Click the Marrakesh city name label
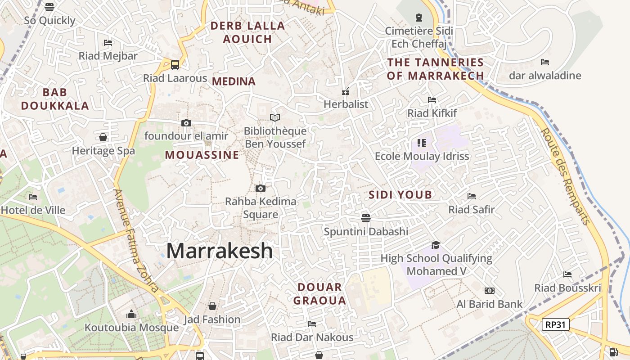click(220, 251)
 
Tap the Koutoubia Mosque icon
click(131, 314)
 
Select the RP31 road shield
click(556, 324)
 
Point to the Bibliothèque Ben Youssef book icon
click(275, 117)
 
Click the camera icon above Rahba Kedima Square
click(260, 188)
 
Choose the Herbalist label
click(346, 104)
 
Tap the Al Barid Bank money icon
click(490, 291)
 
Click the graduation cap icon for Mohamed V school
click(436, 245)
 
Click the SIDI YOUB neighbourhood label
click(400, 195)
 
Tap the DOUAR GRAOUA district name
click(319, 294)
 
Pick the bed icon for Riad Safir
click(472, 196)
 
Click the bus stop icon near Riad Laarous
click(175, 64)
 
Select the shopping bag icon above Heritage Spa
click(103, 137)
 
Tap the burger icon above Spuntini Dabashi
click(366, 218)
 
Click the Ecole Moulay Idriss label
click(422, 156)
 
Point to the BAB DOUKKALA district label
click(55, 99)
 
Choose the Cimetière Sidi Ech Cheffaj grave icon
click(419, 18)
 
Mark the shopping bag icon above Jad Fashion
click(212, 306)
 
